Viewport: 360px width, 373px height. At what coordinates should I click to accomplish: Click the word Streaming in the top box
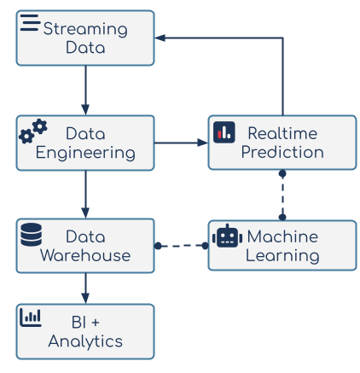click(x=85, y=29)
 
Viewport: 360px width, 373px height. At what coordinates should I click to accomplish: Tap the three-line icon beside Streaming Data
click(x=30, y=23)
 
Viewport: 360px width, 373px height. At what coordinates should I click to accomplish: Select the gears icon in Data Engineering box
click(x=33, y=131)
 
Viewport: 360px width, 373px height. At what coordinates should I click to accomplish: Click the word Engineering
click(x=85, y=153)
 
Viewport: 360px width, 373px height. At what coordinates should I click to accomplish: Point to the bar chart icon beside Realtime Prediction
click(x=224, y=132)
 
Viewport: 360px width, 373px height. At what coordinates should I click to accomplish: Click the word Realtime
click(x=282, y=133)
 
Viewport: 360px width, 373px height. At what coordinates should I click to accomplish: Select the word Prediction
click(x=282, y=152)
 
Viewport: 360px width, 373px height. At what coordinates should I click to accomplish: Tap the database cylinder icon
click(x=32, y=235)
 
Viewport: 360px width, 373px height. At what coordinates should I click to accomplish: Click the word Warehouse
click(x=85, y=255)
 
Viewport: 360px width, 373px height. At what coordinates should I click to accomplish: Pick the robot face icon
click(x=227, y=236)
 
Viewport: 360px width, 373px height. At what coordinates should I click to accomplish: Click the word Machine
click(x=282, y=236)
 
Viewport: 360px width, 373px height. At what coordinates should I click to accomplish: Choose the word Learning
click(x=282, y=256)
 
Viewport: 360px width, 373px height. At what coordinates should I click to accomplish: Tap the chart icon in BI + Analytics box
click(x=31, y=318)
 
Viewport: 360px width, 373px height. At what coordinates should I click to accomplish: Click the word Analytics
click(x=85, y=341)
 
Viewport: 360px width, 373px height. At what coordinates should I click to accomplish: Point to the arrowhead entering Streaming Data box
click(x=160, y=38)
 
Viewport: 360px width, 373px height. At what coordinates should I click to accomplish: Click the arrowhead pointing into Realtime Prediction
click(x=203, y=143)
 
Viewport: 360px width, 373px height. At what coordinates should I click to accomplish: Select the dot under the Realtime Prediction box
click(x=282, y=173)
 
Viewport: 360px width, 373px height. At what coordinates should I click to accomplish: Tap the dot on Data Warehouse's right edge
click(x=158, y=246)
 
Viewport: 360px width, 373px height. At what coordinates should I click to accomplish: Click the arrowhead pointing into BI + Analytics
click(x=85, y=299)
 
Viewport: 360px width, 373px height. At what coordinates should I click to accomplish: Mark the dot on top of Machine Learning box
click(x=282, y=218)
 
